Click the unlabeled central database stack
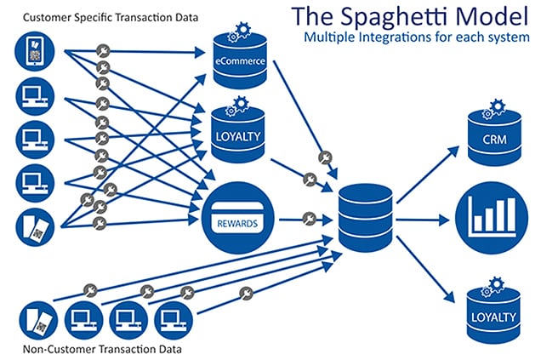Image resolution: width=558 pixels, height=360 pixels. pyautogui.click(x=366, y=218)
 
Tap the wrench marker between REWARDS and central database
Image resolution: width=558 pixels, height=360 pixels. pyautogui.click(x=310, y=219)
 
